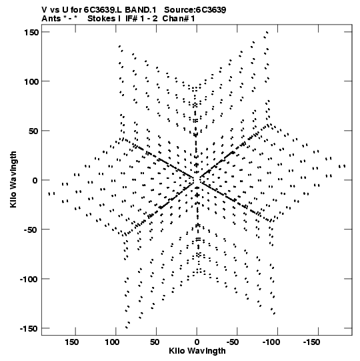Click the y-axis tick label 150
pyautogui.click(x=31, y=32)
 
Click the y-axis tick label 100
pyautogui.click(x=31, y=81)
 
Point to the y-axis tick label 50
pyautogui.click(x=34, y=131)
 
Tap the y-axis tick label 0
pyautogui.click(x=35, y=180)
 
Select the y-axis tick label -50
pyautogui.click(x=31, y=230)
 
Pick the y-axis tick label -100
pyautogui.click(x=29, y=279)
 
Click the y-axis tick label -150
pyautogui.click(x=29, y=328)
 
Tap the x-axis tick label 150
pyautogui.click(x=71, y=342)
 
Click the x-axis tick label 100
pyautogui.click(x=112, y=342)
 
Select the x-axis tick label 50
pyautogui.click(x=155, y=342)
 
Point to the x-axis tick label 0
pyautogui.click(x=197, y=342)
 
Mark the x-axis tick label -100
pyautogui.click(x=272, y=342)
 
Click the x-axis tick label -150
pyautogui.click(x=312, y=342)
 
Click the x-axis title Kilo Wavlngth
pyautogui.click(x=197, y=351)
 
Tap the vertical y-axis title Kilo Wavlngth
pyautogui.click(x=13, y=179)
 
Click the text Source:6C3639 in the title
pyautogui.click(x=195, y=10)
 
